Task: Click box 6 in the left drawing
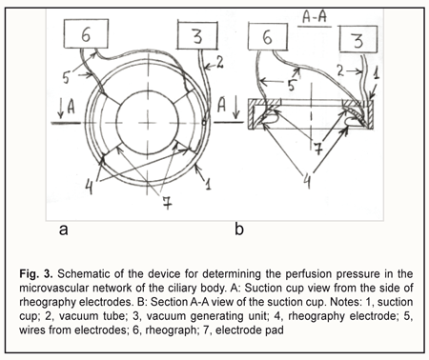pos(86,33)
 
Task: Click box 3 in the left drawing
pos(197,35)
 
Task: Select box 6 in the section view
pos(268,37)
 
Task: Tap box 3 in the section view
pos(358,39)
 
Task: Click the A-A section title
pos(315,17)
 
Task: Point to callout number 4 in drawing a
pos(90,187)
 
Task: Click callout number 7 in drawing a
pos(167,202)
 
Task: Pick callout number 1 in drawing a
pos(208,183)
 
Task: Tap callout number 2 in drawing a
pos(219,63)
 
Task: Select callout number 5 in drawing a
pos(66,77)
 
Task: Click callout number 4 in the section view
pos(307,182)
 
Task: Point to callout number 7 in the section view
pos(318,148)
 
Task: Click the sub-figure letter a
pos(63,230)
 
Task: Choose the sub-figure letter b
pos(239,229)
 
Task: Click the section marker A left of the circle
pos(68,107)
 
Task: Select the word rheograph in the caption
pos(171,330)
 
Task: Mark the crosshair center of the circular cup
pos(148,123)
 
